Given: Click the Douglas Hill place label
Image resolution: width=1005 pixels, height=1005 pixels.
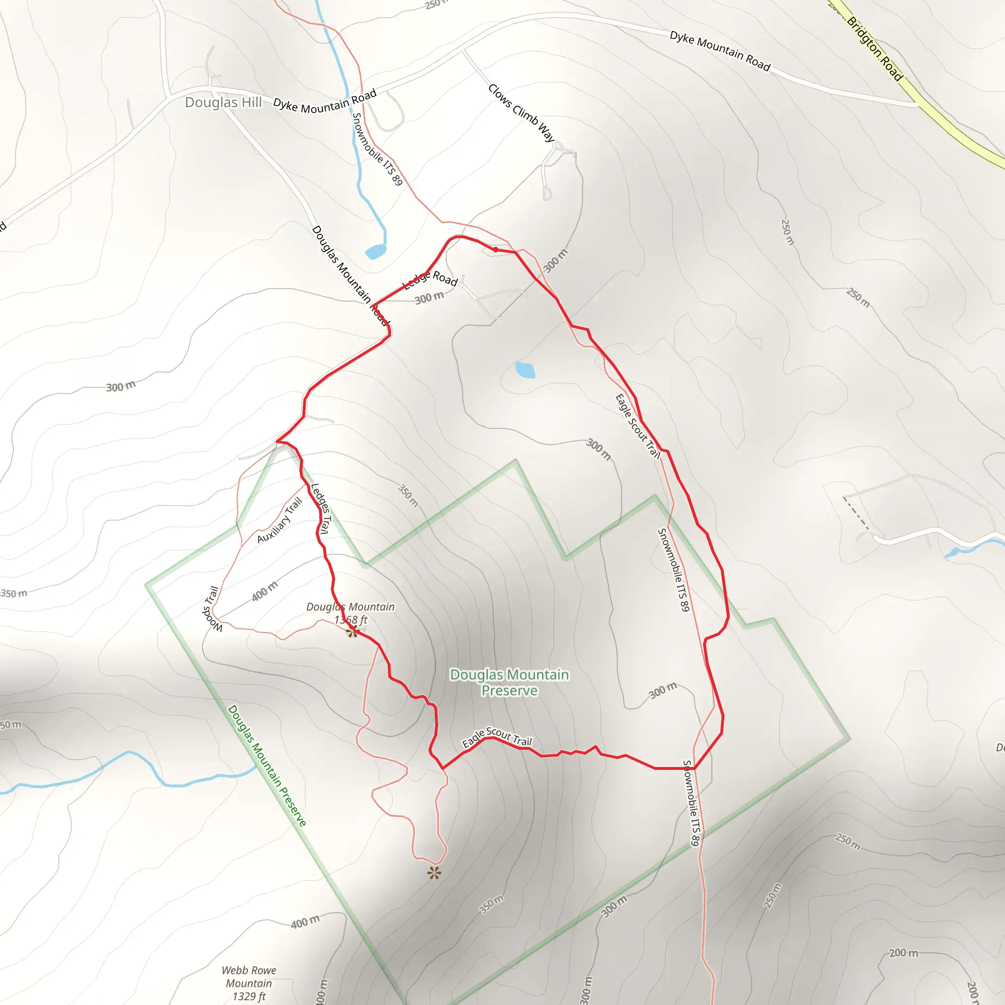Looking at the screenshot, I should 224,102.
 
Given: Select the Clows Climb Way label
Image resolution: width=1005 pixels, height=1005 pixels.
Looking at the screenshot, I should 521,112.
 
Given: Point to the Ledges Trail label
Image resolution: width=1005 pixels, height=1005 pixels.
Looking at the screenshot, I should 320,509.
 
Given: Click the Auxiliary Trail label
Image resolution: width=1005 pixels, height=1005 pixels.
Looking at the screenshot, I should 279,520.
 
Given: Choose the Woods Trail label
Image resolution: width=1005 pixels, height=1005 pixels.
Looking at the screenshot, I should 212,609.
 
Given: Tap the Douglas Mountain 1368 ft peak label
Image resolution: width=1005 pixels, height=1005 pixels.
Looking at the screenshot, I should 350,613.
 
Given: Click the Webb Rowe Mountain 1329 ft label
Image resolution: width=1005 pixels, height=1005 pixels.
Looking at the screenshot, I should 249,982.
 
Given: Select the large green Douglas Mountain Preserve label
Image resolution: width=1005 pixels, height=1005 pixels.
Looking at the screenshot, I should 509,682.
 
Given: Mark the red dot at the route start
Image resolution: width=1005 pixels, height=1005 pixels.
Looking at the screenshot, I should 496,250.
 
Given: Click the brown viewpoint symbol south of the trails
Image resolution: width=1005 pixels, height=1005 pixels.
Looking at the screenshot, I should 434,873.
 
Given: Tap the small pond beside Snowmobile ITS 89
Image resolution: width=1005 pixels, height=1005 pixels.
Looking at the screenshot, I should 375,252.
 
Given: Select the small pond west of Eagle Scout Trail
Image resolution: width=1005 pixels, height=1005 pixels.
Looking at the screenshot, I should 525,370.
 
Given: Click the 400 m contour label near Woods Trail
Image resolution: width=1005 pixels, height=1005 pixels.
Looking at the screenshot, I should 265,591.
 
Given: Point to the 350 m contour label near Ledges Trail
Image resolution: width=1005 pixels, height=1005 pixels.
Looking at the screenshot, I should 408,495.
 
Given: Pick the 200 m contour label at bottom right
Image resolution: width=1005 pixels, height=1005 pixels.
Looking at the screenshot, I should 903,952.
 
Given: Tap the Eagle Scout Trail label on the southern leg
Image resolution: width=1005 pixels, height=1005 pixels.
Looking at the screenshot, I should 497,737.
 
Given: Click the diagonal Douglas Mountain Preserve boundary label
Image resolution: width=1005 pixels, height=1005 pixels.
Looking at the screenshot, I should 267,766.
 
